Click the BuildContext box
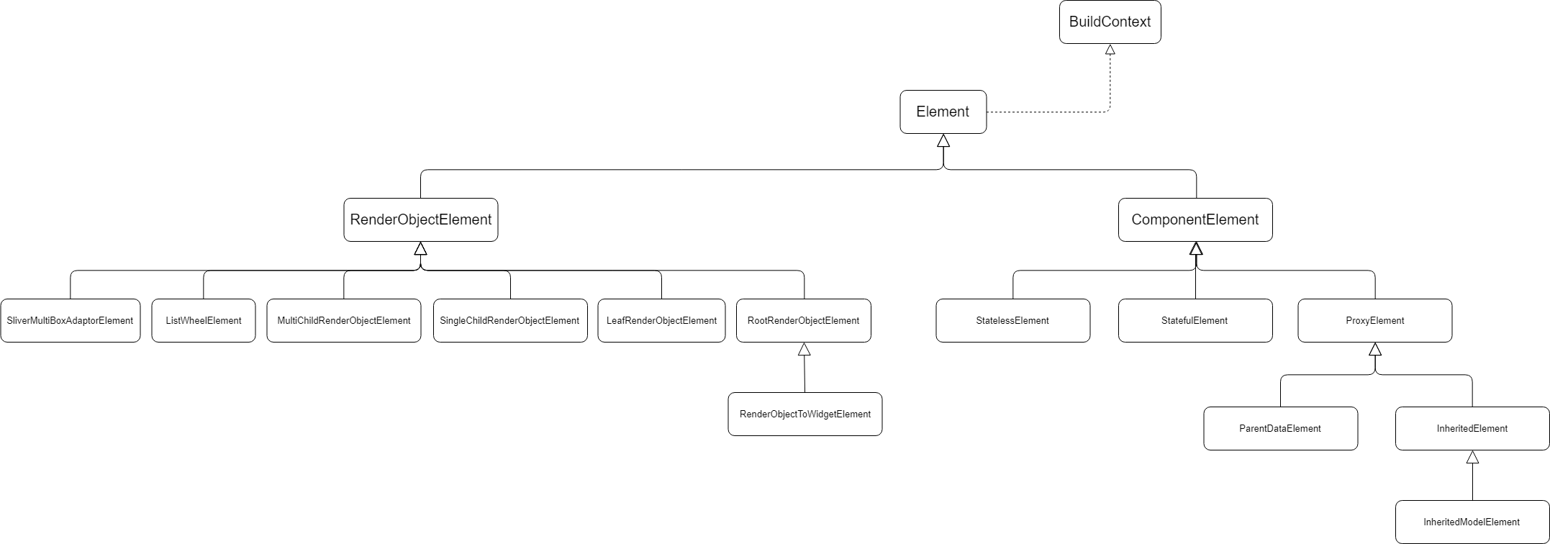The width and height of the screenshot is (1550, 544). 1110,22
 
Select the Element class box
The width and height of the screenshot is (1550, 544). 943,112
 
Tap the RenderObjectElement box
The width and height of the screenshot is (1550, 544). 420,219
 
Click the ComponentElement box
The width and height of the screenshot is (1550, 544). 1195,219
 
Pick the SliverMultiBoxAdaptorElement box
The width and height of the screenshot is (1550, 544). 70,320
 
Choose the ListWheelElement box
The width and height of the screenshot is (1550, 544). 203,320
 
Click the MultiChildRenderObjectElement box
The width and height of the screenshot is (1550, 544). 343,320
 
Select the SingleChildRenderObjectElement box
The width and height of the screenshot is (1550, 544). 509,320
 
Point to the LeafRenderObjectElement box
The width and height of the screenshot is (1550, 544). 661,320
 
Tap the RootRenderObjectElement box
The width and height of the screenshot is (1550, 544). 803,320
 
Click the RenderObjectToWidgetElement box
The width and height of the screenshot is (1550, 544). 805,414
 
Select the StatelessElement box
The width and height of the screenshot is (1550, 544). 1012,320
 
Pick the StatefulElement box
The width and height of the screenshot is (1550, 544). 1195,320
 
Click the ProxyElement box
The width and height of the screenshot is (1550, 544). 1374,320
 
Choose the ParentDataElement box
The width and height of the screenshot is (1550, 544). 1280,428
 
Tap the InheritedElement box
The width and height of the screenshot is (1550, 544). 1472,428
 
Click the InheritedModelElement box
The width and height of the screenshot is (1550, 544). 1472,522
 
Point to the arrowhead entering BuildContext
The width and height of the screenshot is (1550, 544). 1110,50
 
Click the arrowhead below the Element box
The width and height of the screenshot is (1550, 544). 943,140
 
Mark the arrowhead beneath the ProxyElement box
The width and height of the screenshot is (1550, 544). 1374,350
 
